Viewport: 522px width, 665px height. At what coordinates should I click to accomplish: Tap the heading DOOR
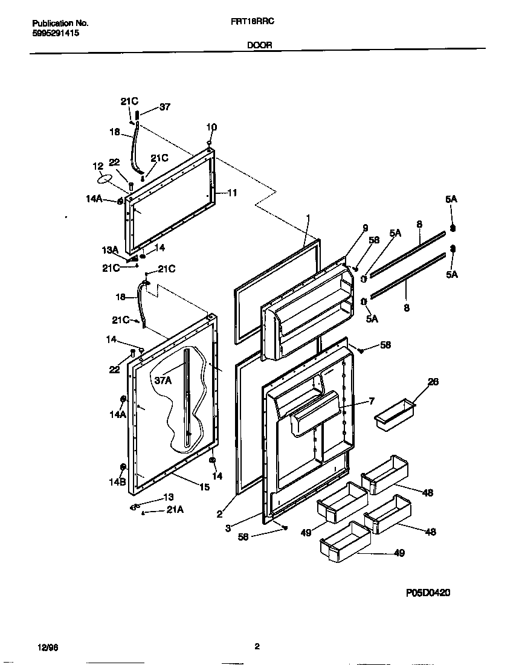click(260, 45)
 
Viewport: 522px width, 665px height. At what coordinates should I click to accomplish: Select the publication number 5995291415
click(55, 34)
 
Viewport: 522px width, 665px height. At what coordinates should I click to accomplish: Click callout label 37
click(164, 107)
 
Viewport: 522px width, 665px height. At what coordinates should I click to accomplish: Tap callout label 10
click(211, 127)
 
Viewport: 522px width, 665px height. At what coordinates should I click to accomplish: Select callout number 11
click(232, 193)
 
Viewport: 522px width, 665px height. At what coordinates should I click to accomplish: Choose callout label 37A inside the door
click(163, 380)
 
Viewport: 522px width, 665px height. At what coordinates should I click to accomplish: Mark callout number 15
click(204, 487)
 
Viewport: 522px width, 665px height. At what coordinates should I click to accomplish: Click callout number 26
click(433, 382)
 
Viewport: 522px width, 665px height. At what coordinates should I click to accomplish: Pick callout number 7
click(372, 401)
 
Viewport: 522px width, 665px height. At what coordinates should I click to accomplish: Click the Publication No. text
click(60, 23)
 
